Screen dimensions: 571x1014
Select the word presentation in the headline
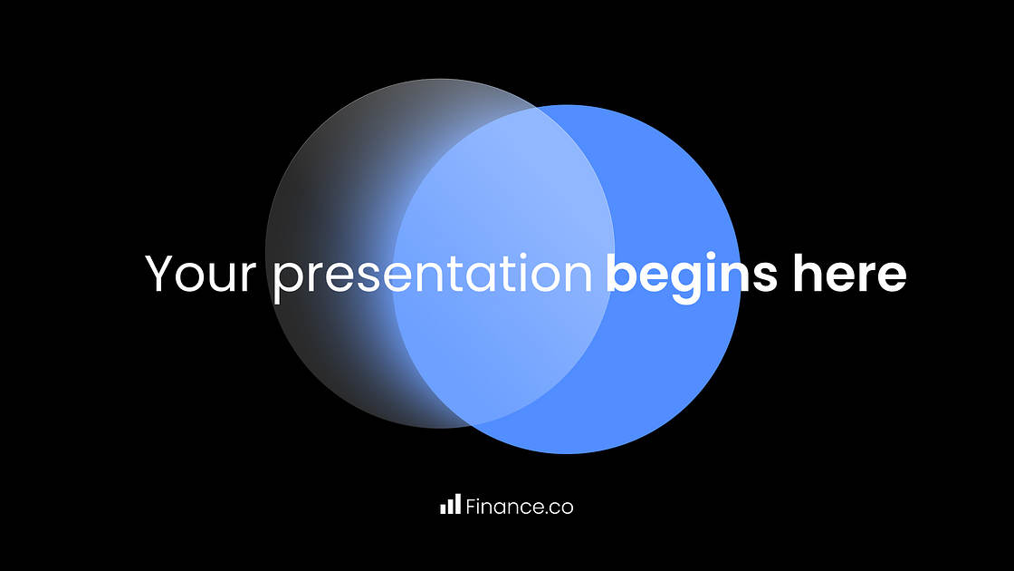(432, 275)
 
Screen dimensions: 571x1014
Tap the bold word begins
(691, 275)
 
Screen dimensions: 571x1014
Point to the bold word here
(849, 273)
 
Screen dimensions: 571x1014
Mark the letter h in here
(807, 273)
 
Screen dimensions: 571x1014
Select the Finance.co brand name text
(519, 507)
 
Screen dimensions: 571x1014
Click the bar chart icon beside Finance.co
(450, 505)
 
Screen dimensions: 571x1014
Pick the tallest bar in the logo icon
(457, 504)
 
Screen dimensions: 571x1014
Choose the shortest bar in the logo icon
(443, 508)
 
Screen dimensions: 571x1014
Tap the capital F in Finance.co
(471, 507)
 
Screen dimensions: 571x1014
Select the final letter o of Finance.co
(566, 508)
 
